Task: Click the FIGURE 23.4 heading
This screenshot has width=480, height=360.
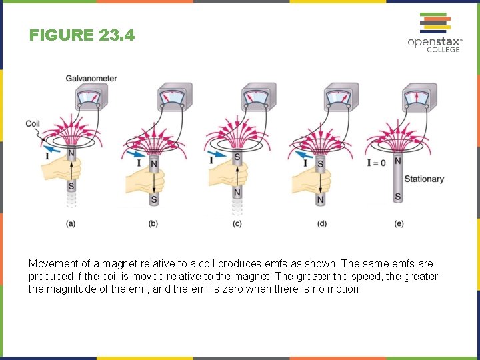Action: coord(82,35)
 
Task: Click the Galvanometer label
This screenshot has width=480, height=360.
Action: coord(91,79)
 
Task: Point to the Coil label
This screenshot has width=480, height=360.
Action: coord(33,123)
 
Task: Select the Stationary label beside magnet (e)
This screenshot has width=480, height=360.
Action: coord(424,179)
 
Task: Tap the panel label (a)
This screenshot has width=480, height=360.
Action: coord(70,224)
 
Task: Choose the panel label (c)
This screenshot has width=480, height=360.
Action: coord(237,224)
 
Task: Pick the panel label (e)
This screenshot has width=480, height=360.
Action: coord(399,224)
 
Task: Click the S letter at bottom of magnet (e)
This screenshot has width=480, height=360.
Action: coord(398,197)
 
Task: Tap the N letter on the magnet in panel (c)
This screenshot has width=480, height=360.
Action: coord(237,193)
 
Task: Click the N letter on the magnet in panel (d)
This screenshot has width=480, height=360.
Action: coord(321,199)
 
